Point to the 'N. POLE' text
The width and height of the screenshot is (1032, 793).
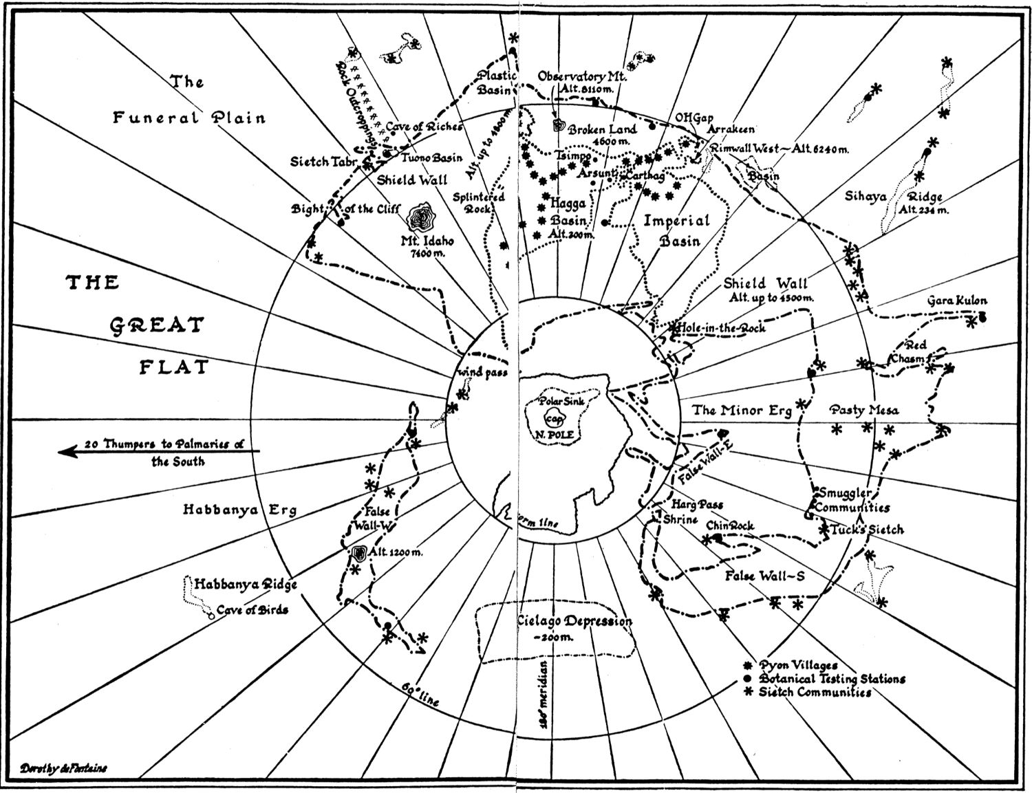pyautogui.click(x=554, y=434)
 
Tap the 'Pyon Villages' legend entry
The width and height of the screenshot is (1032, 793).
pyautogui.click(x=798, y=665)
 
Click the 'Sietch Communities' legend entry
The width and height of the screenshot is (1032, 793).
pyautogui.click(x=815, y=692)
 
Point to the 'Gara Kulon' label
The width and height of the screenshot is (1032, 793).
pyautogui.click(x=956, y=301)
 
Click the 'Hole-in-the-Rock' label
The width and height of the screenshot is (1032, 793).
pyautogui.click(x=720, y=328)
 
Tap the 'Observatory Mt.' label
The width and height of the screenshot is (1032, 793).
pyautogui.click(x=582, y=76)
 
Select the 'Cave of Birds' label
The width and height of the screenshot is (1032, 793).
pyautogui.click(x=252, y=609)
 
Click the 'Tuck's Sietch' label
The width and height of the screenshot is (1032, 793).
pyautogui.click(x=866, y=530)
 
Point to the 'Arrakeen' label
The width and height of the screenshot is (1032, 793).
pyautogui.click(x=731, y=129)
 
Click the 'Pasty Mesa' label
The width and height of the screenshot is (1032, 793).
pyautogui.click(x=864, y=410)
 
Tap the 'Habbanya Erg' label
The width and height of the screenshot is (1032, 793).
pyautogui.click(x=239, y=510)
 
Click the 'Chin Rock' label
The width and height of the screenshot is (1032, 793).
pyautogui.click(x=730, y=525)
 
